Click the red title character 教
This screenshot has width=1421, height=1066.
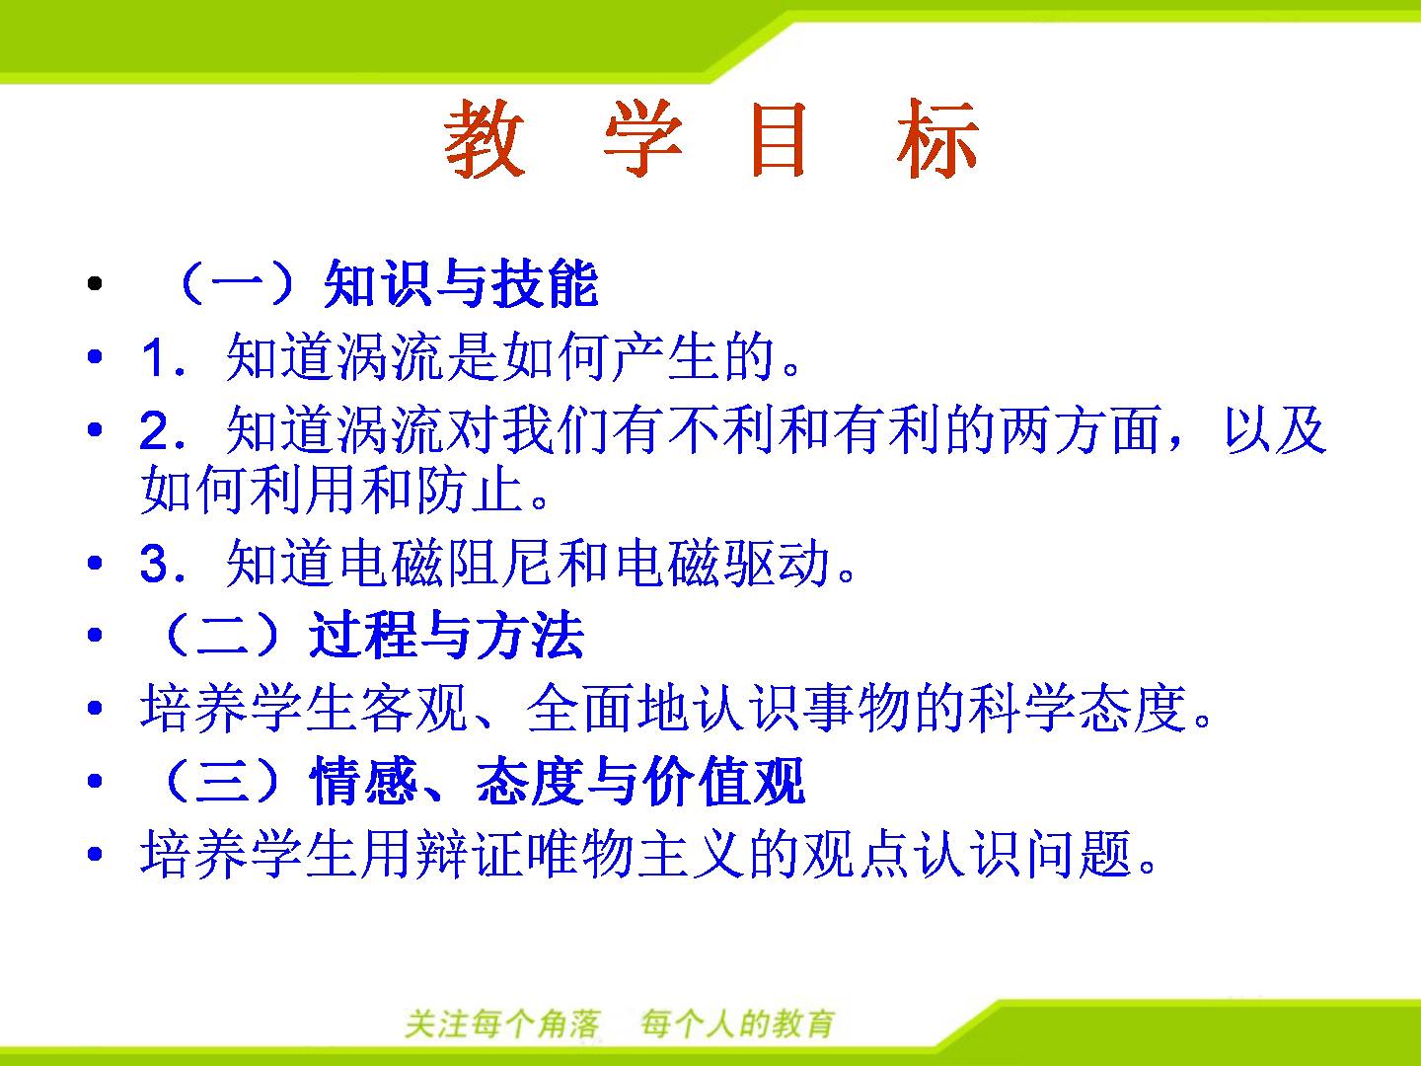(x=485, y=138)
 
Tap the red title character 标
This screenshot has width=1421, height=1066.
(x=936, y=138)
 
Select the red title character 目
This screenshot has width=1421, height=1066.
(x=779, y=138)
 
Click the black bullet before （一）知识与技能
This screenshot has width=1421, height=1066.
(x=95, y=283)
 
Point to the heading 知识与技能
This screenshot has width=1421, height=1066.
(x=461, y=283)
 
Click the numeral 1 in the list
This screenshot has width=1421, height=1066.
(x=152, y=356)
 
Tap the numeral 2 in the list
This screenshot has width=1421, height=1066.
(x=152, y=429)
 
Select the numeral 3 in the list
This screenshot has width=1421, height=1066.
(x=153, y=562)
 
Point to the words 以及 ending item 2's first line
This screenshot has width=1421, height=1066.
(x=1275, y=429)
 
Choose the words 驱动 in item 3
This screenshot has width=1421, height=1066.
(x=777, y=562)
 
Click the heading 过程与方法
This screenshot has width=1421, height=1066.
(x=447, y=635)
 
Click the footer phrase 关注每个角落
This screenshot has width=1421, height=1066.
(x=502, y=1024)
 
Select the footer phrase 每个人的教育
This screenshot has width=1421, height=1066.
(x=737, y=1024)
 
